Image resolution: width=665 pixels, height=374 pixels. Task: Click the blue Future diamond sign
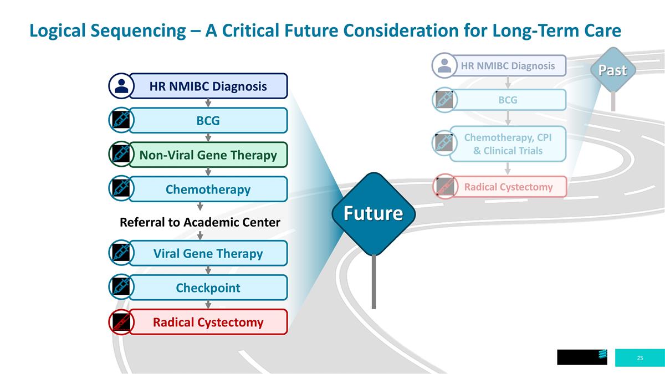coord(374,213)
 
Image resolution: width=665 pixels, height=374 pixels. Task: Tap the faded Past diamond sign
coord(612,70)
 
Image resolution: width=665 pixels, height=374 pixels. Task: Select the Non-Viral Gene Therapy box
coord(208,155)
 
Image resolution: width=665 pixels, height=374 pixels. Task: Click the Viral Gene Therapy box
coord(208,253)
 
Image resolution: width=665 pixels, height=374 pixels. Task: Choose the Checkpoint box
coord(208,288)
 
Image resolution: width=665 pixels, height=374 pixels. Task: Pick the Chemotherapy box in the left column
coord(208,189)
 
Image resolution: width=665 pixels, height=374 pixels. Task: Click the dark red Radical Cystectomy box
coord(208,322)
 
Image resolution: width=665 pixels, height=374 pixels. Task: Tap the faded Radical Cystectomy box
coord(508,187)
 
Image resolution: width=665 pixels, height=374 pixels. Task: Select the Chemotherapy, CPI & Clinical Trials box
coord(508,144)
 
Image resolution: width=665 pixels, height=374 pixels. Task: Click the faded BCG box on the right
coord(508,100)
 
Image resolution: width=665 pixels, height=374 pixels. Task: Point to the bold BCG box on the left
coord(208,120)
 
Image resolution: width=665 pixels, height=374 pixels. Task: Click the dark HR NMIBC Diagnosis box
coord(208,86)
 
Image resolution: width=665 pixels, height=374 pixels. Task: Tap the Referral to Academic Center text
coord(200,222)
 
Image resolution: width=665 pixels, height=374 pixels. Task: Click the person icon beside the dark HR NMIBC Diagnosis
coord(121,86)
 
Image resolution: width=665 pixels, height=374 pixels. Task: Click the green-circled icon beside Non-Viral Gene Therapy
coord(121,155)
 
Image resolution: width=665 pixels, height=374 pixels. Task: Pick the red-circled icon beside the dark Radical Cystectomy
coord(121,322)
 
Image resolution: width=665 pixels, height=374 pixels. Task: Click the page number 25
coord(640,358)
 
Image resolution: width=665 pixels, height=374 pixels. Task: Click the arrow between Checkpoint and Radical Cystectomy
coord(208,304)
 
